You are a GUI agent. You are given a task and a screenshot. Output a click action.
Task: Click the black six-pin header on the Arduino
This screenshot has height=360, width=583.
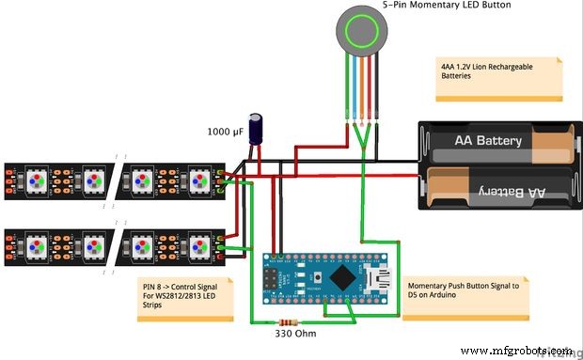(x=273, y=279)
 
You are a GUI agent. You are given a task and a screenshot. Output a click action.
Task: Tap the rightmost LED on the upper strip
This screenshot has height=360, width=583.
(x=198, y=179)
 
